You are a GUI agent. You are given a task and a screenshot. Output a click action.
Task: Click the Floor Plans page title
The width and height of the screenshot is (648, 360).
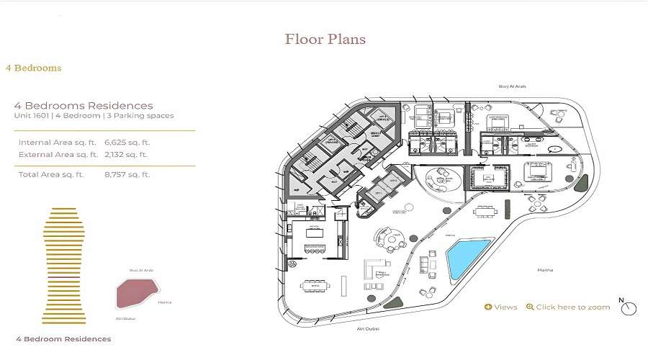tap(325, 39)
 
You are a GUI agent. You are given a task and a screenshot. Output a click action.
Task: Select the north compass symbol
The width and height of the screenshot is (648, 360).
tap(629, 307)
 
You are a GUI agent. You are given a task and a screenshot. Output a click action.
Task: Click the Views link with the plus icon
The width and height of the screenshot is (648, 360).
tap(501, 307)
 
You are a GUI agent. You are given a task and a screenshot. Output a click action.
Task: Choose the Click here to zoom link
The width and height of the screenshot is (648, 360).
tap(568, 307)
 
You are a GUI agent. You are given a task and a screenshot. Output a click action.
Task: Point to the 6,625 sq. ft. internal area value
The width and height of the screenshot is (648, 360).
tap(126, 143)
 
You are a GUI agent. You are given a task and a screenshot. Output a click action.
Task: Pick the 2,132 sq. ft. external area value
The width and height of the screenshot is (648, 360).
tap(126, 154)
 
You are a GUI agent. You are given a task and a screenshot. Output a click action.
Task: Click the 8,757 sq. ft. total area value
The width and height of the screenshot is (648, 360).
tap(126, 174)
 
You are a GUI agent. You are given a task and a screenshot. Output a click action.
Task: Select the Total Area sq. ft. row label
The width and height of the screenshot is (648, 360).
tap(51, 174)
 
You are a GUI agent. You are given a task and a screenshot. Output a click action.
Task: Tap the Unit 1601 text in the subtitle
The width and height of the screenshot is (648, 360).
tap(31, 115)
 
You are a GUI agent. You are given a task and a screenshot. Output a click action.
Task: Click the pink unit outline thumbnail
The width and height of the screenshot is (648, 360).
tap(137, 292)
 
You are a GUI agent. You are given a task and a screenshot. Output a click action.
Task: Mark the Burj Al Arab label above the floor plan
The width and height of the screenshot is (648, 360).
tap(512, 86)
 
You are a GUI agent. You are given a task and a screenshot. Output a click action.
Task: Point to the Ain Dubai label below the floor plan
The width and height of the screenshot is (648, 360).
tap(367, 328)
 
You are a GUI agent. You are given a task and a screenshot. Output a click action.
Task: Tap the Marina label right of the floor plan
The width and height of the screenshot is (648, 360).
tap(545, 270)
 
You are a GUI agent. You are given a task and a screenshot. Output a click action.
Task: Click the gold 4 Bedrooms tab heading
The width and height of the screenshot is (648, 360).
tap(33, 68)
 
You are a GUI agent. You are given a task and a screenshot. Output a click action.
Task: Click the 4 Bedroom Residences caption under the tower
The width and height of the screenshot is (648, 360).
tap(63, 338)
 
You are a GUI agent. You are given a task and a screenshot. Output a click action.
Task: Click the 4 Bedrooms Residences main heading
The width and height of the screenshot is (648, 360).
tap(84, 105)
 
